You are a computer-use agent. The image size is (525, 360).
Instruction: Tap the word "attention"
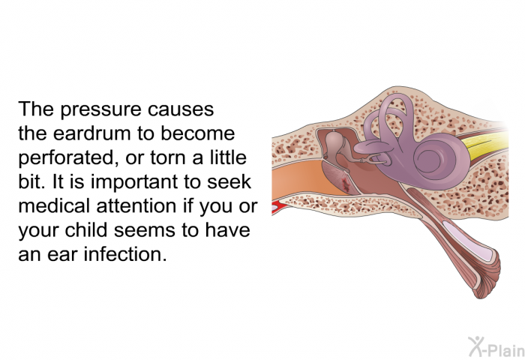[136, 206]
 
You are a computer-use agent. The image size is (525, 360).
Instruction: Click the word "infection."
[125, 254]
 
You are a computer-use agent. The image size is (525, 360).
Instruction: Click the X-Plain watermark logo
[496, 346]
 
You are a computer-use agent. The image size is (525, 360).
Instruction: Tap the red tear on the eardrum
[345, 184]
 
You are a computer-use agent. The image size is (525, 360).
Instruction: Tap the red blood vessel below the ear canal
[277, 206]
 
